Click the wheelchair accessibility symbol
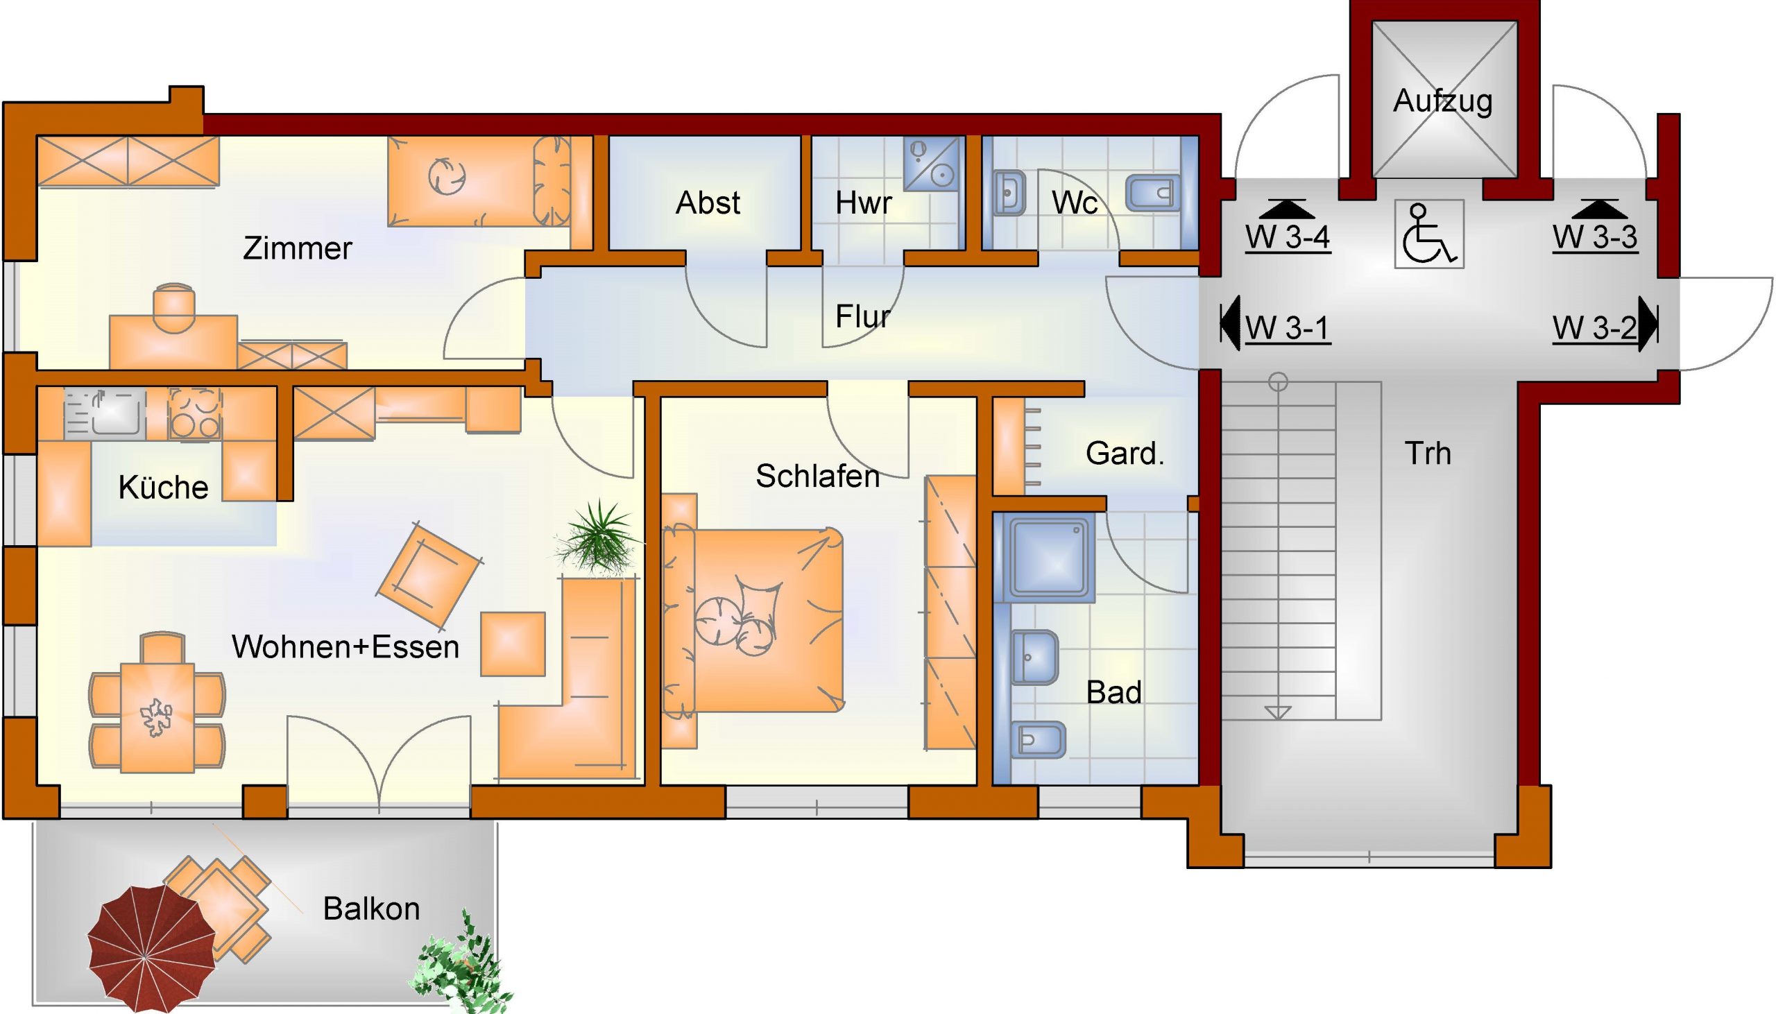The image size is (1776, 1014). (x=1429, y=234)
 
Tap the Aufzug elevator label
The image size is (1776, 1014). (x=1443, y=102)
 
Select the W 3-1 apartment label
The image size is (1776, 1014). (x=1287, y=328)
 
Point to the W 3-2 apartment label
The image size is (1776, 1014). (x=1594, y=328)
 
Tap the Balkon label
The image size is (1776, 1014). (x=371, y=909)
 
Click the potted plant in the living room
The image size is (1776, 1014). (x=597, y=537)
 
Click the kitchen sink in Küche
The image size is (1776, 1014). (x=105, y=413)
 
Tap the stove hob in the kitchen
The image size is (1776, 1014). (x=195, y=413)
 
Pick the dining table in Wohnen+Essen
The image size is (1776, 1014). (x=157, y=717)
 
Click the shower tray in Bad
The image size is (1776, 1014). (x=1048, y=558)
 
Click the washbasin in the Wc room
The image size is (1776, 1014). (x=1009, y=191)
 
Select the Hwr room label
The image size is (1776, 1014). (x=863, y=203)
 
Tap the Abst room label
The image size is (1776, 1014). (x=708, y=203)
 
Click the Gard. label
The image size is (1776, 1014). (x=1125, y=454)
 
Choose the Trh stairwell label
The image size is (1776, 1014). (x=1428, y=454)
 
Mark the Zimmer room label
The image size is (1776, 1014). (x=298, y=248)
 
